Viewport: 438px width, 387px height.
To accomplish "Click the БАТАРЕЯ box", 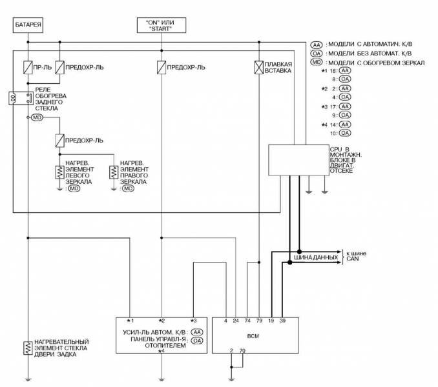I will point(28,26).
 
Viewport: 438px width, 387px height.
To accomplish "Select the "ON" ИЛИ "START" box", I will point(162,25).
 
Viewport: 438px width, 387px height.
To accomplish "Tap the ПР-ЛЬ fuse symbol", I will point(28,67).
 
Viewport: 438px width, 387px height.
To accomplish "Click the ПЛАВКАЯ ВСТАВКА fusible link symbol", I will point(258,67).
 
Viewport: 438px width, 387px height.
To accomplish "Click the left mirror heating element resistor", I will point(59,172).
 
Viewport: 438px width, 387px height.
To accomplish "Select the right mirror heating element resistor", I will point(114,172).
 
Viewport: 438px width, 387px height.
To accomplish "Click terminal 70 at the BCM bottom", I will point(242,350).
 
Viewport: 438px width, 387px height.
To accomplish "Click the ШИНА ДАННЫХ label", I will point(316,257).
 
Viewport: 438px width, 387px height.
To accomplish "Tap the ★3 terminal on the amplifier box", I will point(193,320).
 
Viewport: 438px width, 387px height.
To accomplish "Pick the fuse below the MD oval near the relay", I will point(59,140).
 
